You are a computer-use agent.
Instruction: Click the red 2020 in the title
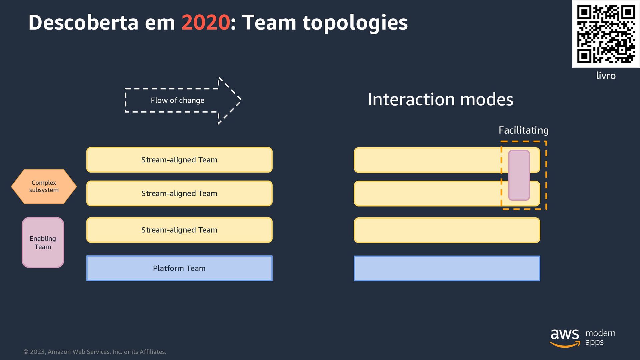pyautogui.click(x=205, y=23)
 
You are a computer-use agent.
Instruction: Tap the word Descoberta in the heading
pyautogui.click(x=83, y=23)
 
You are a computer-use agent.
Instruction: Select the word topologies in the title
pyautogui.click(x=355, y=23)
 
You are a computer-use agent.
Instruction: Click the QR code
pyautogui.click(x=606, y=34)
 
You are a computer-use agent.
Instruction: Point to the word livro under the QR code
pyautogui.click(x=606, y=76)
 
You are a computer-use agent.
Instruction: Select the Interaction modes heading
pyautogui.click(x=440, y=99)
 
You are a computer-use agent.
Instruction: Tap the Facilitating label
pyautogui.click(x=523, y=130)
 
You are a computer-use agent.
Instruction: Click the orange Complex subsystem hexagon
pyautogui.click(x=44, y=186)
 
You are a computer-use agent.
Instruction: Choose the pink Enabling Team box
pyautogui.click(x=43, y=242)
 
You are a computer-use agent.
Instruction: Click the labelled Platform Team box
pyautogui.click(x=179, y=268)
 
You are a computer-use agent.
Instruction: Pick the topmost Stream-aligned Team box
pyautogui.click(x=179, y=160)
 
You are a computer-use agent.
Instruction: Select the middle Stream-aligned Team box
pyautogui.click(x=179, y=193)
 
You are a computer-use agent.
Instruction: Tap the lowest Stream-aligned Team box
pyautogui.click(x=179, y=230)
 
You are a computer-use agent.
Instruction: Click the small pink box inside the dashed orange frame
pyautogui.click(x=519, y=175)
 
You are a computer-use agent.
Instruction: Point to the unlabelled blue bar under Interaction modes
pyautogui.click(x=447, y=268)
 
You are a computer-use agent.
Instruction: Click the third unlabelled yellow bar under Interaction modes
pyautogui.click(x=447, y=230)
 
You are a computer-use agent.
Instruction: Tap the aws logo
pyautogui.click(x=565, y=337)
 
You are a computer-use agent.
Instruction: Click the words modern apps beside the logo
pyautogui.click(x=600, y=337)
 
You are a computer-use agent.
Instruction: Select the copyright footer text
pyautogui.click(x=95, y=352)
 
